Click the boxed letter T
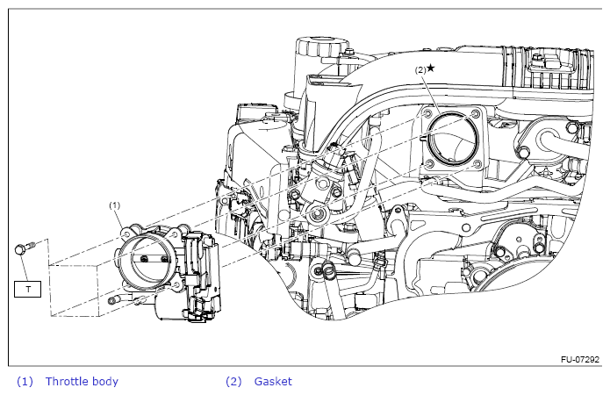click(x=29, y=288)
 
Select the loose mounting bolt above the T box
click(x=22, y=248)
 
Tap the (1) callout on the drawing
click(x=114, y=205)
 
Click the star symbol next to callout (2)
click(x=430, y=68)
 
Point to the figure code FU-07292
click(x=580, y=360)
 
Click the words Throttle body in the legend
click(x=82, y=381)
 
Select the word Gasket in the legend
click(x=273, y=381)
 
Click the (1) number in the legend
click(x=25, y=381)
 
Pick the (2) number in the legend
click(x=233, y=381)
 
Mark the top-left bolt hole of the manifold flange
click(x=429, y=115)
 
